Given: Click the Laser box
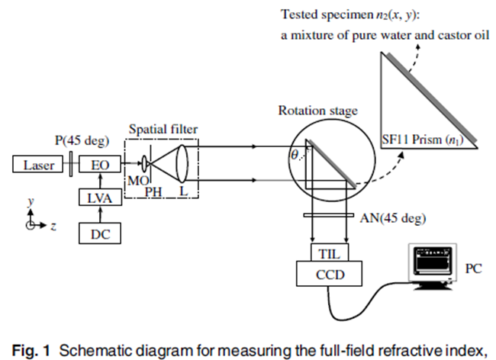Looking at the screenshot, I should click(x=37, y=164).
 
